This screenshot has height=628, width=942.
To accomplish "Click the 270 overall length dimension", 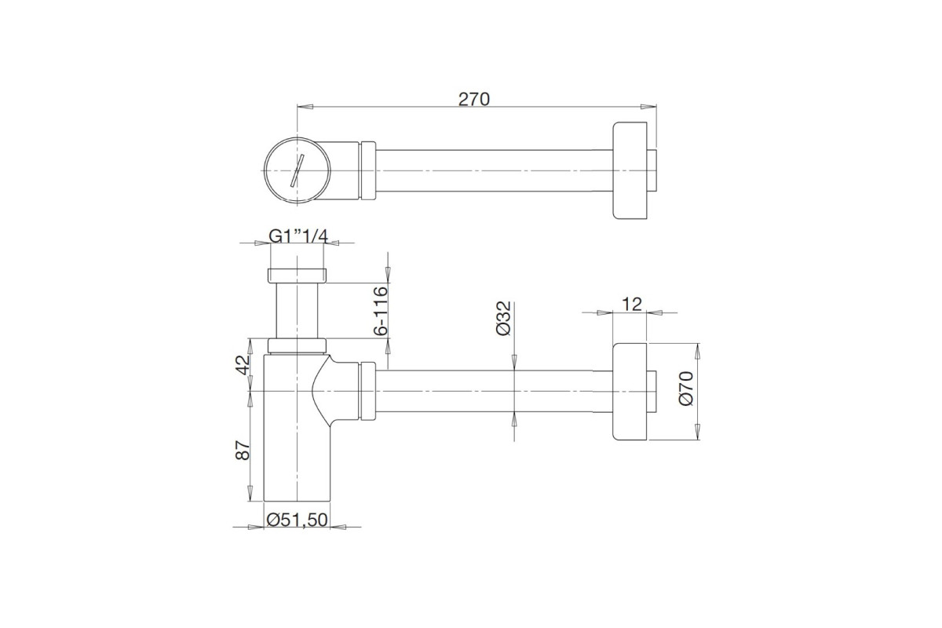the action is coord(474,99).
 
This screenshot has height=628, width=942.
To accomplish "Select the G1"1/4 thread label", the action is coord(298,236).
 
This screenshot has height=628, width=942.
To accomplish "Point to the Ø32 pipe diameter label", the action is coord(503,318).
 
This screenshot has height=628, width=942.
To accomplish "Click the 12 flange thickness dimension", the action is coord(632,304).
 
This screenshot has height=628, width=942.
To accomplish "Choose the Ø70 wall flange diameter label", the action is coord(686,389).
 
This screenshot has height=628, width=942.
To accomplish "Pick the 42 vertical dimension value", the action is coord(243,365).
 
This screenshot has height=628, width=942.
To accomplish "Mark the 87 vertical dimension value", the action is coord(243,450).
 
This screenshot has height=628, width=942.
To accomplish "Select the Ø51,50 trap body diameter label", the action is coord(297,520).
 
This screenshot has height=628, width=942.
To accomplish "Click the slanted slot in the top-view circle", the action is coord(297,170).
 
